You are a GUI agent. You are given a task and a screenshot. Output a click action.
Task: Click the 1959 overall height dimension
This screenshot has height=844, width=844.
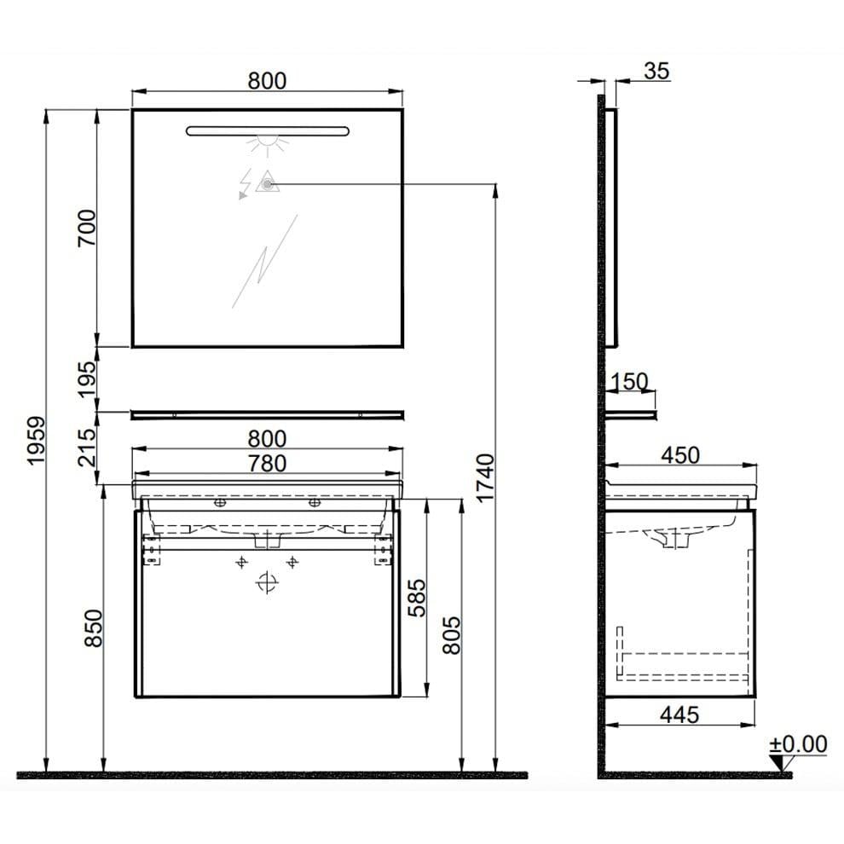(x=35, y=442)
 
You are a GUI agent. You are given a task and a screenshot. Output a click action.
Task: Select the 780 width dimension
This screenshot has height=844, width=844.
(x=267, y=463)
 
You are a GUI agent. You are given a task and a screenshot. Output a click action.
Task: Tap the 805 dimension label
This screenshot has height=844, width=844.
(x=453, y=634)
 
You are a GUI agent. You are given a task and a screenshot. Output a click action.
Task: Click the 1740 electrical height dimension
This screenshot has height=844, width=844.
(x=484, y=477)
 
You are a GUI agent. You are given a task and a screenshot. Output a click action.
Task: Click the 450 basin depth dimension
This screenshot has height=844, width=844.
(x=680, y=454)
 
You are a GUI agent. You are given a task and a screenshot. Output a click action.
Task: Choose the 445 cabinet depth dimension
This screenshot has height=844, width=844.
(x=680, y=714)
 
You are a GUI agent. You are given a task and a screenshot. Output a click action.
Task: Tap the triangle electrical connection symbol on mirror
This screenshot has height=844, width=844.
(x=268, y=182)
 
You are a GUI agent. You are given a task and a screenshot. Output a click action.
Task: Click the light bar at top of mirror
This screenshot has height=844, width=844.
(x=267, y=130)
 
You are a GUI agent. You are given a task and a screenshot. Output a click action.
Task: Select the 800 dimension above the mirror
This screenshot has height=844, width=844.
(x=267, y=80)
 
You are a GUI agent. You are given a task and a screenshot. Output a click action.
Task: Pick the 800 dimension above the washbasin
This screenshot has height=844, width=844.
(x=267, y=438)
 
